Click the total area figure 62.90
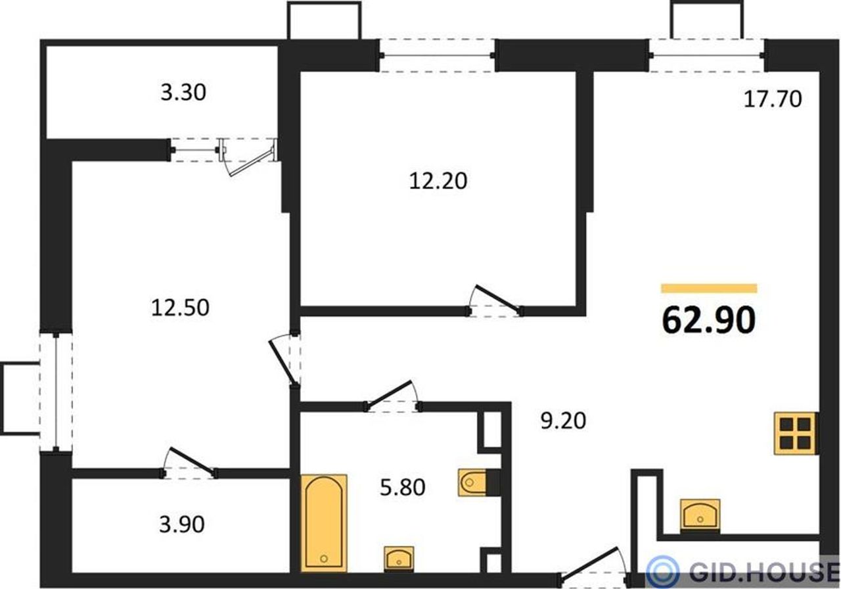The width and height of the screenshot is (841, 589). point(708,320)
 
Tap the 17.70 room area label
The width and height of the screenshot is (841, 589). point(773,99)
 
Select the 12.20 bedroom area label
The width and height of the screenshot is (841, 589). point(438,181)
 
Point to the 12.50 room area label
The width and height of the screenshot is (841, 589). point(180,308)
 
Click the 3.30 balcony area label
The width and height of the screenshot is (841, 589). point(183,93)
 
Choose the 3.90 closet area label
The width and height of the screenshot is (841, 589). point(182,525)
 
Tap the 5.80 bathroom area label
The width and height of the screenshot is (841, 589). point(403,488)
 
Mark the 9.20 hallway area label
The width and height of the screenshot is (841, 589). point(563,421)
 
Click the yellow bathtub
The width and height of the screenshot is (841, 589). point(324,523)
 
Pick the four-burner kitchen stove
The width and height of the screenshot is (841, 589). point(796,433)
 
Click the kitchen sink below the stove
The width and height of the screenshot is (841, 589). point(700,516)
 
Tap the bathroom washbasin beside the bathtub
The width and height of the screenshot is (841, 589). point(399,559)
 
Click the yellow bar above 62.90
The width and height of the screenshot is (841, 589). point(709,288)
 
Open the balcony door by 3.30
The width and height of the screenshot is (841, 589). point(250,157)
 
